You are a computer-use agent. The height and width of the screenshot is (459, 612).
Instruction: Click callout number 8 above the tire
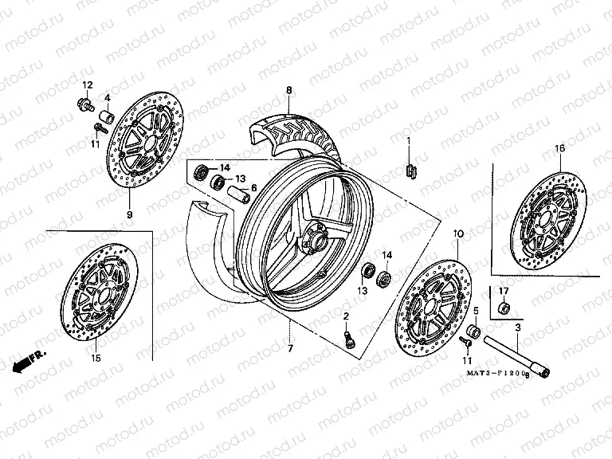(x=289, y=91)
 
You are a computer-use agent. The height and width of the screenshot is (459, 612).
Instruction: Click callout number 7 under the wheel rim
(x=290, y=349)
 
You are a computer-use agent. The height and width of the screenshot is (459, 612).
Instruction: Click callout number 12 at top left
(x=87, y=85)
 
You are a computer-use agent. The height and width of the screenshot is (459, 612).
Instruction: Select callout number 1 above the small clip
(x=409, y=140)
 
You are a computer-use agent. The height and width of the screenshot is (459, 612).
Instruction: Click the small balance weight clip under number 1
(x=410, y=169)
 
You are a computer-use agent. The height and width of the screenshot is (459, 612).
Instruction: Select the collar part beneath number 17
(x=503, y=308)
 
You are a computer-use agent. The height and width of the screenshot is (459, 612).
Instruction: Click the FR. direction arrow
(x=29, y=359)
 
